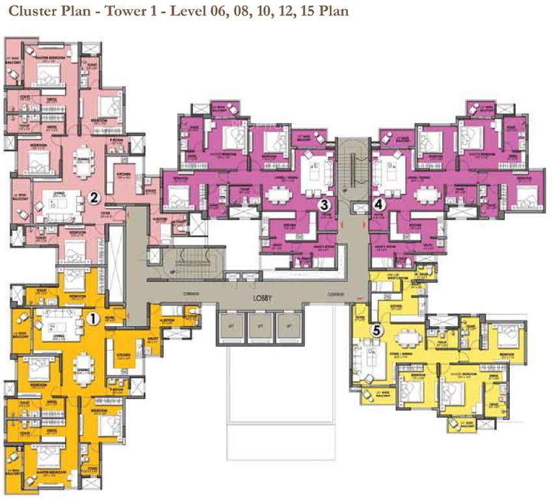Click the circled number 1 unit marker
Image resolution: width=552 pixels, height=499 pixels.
tap(92, 318)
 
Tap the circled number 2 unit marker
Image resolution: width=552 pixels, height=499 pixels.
tap(94, 198)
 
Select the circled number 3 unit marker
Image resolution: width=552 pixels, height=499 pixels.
tap(321, 205)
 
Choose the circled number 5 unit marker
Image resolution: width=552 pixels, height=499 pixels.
tap(375, 330)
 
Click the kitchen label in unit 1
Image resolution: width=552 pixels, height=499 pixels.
tap(125, 355)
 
